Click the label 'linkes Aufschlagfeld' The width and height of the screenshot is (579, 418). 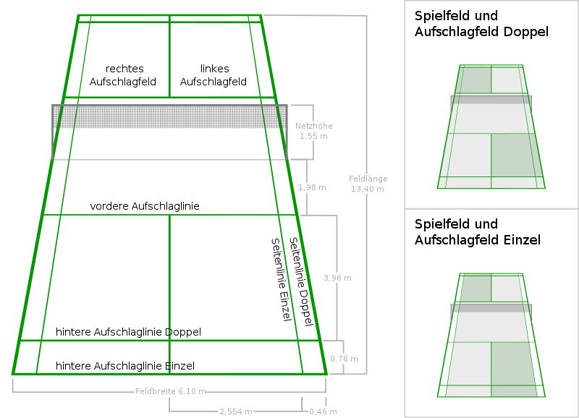(x=214, y=75)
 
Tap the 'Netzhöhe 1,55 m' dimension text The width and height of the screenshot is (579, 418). (x=313, y=131)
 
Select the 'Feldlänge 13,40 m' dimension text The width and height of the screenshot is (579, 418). (x=368, y=184)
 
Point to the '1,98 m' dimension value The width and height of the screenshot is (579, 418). (x=312, y=188)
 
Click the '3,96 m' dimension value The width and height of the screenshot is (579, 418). (x=337, y=278)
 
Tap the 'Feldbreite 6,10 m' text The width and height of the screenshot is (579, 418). (x=170, y=392)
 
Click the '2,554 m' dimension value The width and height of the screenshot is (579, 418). (x=236, y=411)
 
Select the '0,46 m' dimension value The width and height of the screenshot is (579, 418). (x=322, y=411)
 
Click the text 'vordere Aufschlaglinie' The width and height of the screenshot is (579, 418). (x=145, y=206)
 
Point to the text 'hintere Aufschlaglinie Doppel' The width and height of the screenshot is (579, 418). (x=128, y=332)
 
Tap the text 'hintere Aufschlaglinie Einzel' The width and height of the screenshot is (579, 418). (x=125, y=366)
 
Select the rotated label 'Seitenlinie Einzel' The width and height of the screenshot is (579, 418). (x=281, y=280)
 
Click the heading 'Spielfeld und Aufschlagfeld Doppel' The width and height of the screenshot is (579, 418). (x=481, y=23)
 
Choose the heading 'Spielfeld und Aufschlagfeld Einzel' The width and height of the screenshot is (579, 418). (x=478, y=231)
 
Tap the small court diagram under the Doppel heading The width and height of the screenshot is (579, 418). (x=491, y=127)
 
